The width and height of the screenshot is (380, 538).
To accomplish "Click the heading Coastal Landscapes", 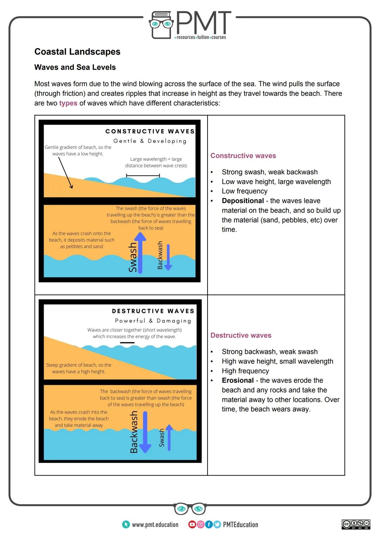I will click(x=77, y=52).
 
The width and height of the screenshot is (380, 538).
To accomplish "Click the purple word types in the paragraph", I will click(x=68, y=103).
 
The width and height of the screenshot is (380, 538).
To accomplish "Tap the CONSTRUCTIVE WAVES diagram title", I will click(x=150, y=131).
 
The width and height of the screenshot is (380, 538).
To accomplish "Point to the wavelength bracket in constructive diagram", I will click(x=143, y=175).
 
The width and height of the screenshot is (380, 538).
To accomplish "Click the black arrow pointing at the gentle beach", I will click(x=65, y=173).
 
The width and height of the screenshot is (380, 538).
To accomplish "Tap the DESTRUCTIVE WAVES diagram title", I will click(x=153, y=311).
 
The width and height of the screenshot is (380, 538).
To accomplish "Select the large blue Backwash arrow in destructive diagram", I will click(x=145, y=432).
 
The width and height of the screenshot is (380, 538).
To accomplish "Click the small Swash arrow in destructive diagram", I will click(x=169, y=438).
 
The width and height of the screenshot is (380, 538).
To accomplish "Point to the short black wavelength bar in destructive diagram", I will click(x=127, y=342).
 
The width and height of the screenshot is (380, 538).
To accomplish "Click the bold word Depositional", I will click(x=243, y=201).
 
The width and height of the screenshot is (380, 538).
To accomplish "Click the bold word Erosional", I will click(x=237, y=381).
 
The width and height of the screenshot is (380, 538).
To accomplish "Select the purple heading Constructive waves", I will click(x=243, y=156).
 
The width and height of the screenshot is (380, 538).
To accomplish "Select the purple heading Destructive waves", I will click(x=241, y=335).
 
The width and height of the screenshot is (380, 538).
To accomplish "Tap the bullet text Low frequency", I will click(x=245, y=191).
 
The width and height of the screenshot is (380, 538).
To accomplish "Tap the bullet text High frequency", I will click(x=245, y=371).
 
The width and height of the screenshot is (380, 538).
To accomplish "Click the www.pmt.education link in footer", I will click(x=155, y=525).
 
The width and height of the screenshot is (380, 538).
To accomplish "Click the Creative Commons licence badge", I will click(x=356, y=524).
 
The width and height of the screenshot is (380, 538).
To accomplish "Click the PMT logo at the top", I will click(x=190, y=25).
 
